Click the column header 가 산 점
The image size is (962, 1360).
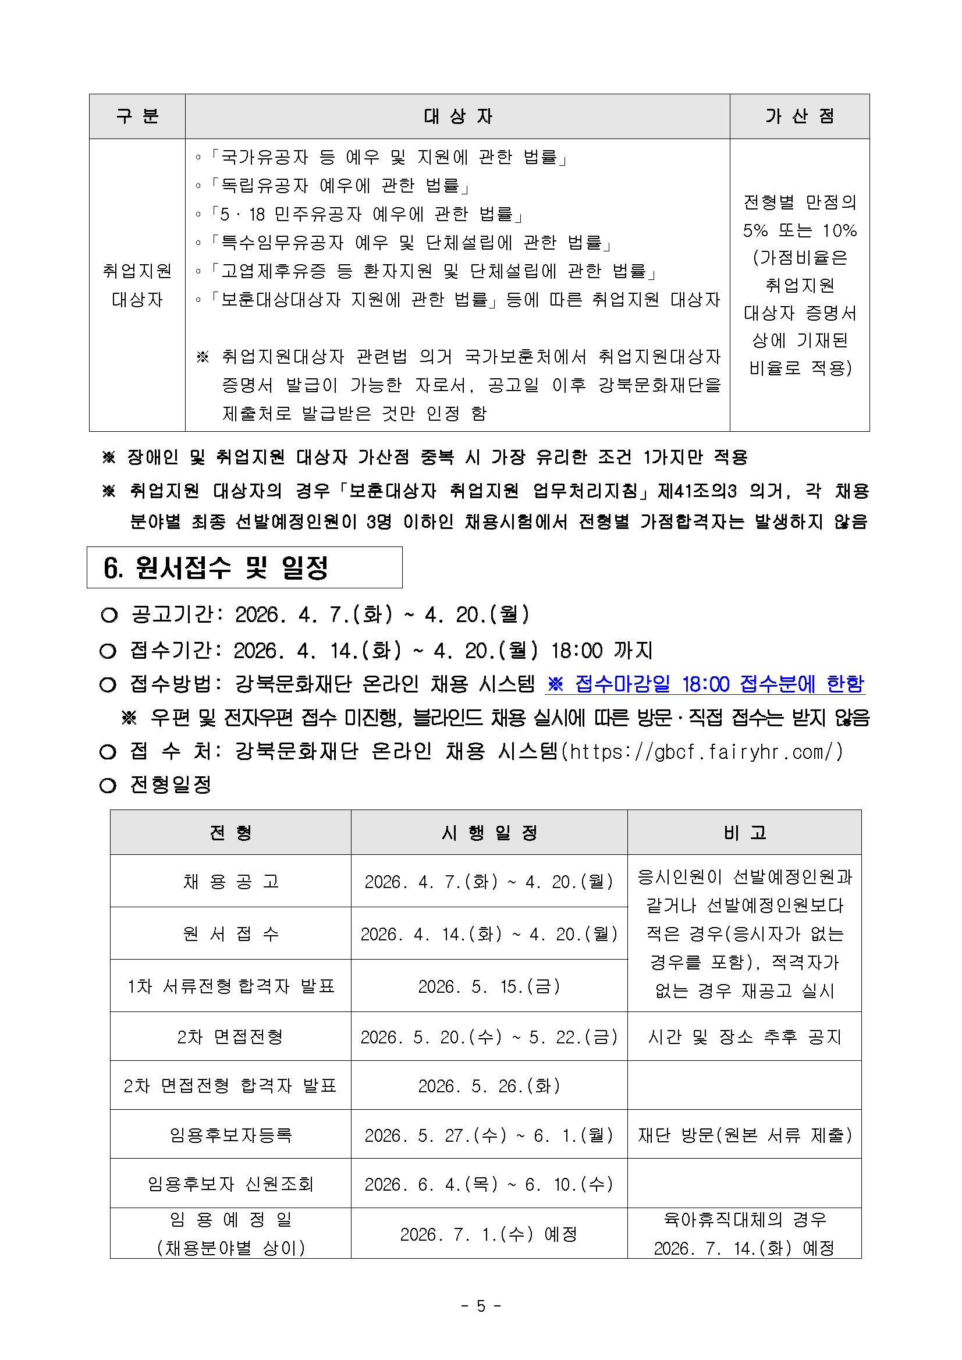(799, 116)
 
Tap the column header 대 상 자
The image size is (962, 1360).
(457, 116)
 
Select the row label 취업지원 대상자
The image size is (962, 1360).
(137, 285)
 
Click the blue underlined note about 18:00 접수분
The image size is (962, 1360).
(705, 684)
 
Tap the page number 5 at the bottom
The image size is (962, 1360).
(481, 1305)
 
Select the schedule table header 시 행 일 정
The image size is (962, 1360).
(489, 832)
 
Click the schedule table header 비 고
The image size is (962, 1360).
(744, 832)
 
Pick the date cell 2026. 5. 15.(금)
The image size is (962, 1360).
(489, 986)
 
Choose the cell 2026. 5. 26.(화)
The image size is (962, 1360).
(489, 1086)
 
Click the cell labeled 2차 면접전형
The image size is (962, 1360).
(230, 1036)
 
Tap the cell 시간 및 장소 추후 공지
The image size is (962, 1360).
(744, 1036)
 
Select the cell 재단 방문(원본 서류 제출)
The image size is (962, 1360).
(744, 1135)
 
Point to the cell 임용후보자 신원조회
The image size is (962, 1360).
(230, 1184)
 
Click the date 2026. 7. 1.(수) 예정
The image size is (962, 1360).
(489, 1234)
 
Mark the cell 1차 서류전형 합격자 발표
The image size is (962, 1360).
(230, 986)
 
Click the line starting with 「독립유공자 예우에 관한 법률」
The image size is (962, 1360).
(339, 186)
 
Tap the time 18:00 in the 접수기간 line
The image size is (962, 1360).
(576, 651)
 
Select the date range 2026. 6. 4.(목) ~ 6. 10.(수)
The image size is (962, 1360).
(489, 1184)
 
